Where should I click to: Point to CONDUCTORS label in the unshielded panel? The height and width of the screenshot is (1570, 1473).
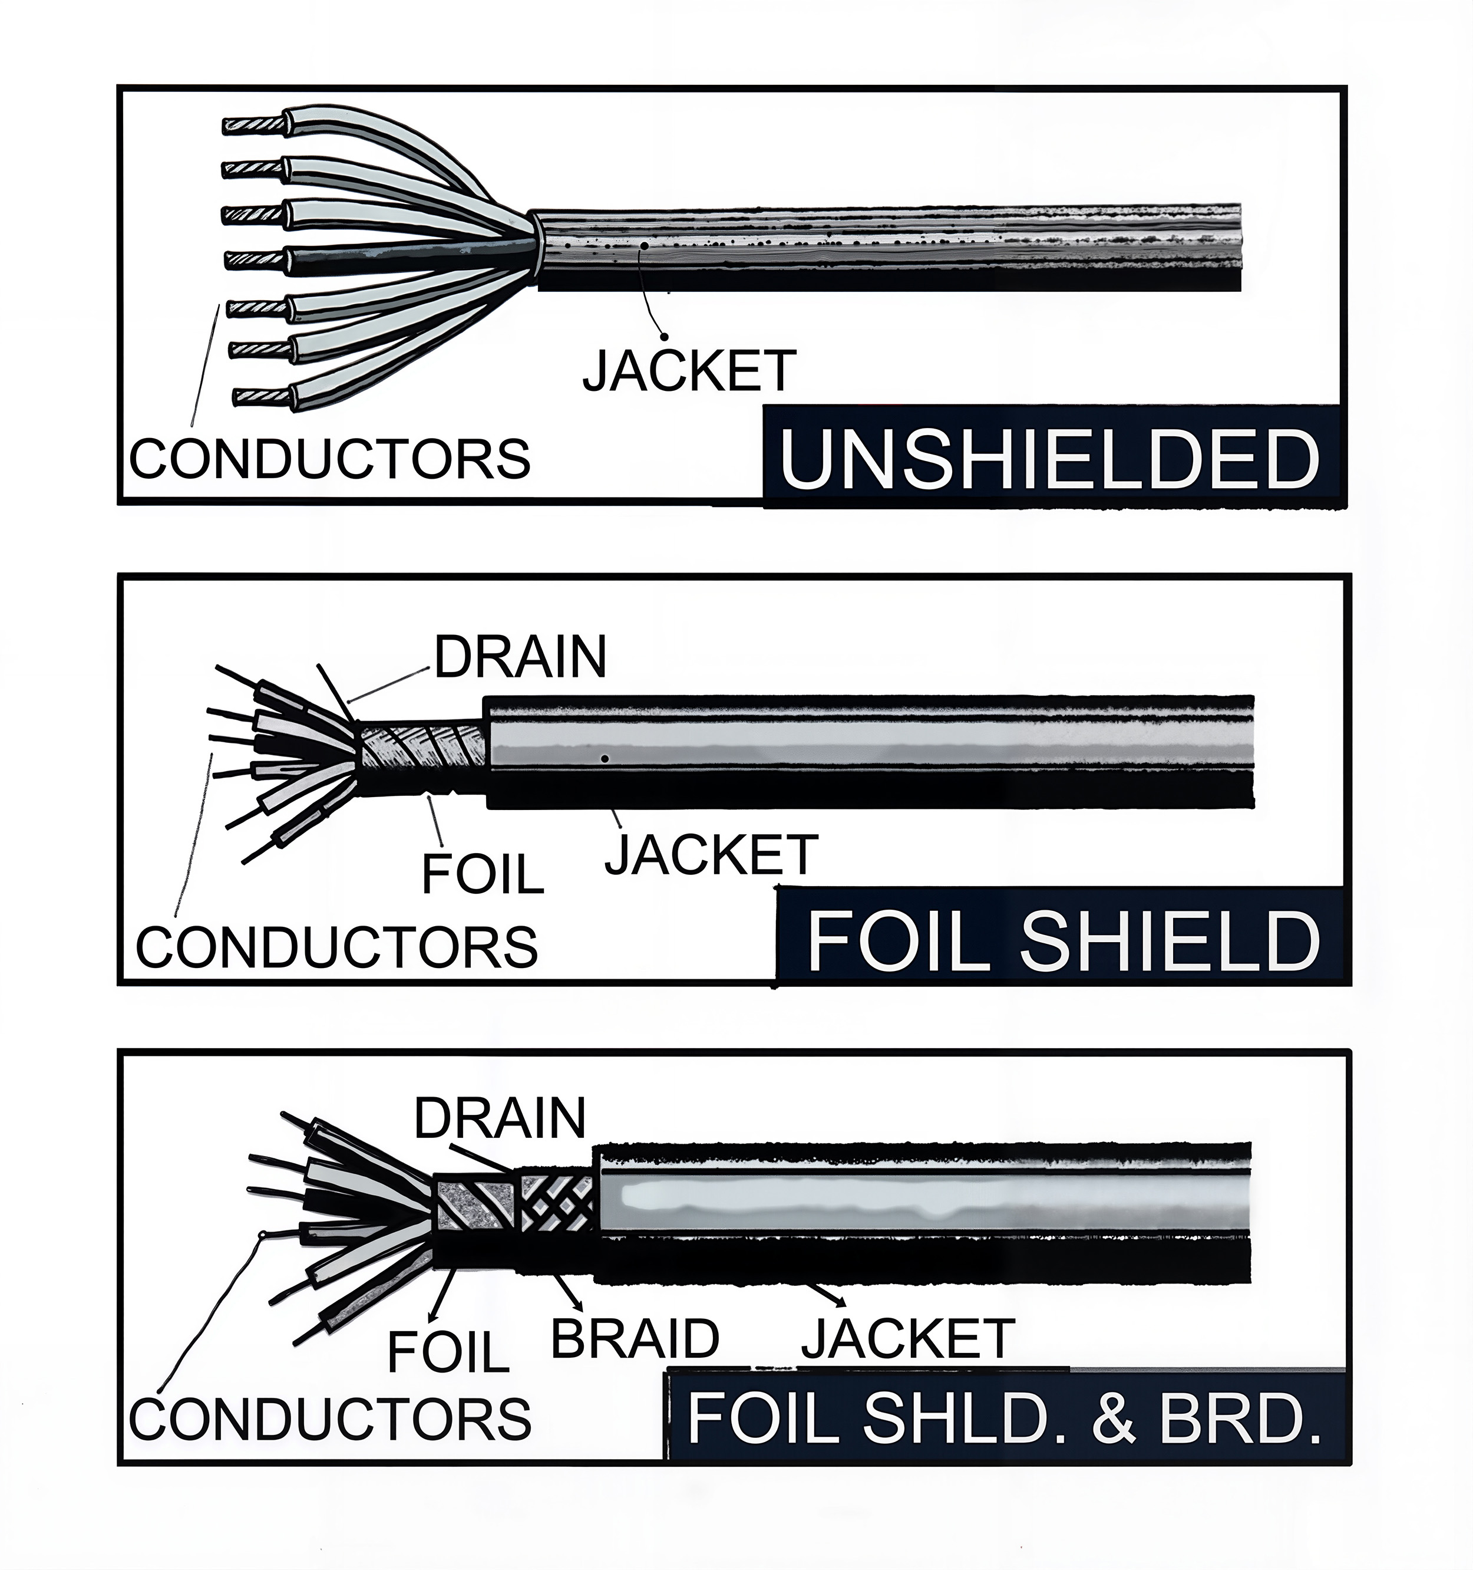coord(330,458)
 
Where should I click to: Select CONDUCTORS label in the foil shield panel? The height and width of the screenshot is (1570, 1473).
coord(337,946)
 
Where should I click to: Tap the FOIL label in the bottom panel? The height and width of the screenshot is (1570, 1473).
coord(448,1351)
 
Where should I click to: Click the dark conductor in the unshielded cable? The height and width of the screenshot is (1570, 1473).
coord(395,258)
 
